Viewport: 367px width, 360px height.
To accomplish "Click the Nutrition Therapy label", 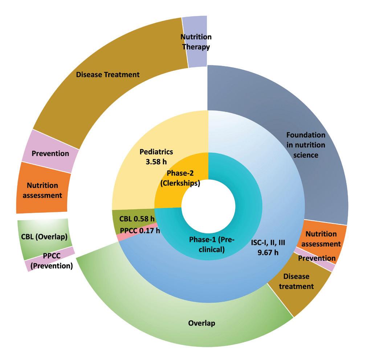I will (x=196, y=42).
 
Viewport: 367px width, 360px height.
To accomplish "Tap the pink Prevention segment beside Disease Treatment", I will (x=50, y=153).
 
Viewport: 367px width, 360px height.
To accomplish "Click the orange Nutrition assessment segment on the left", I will (x=42, y=190).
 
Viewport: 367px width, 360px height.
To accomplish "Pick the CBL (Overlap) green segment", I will (x=44, y=237).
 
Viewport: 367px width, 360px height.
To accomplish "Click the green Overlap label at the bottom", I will (x=201, y=323).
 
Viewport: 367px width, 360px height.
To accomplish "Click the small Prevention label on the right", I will (x=317, y=258).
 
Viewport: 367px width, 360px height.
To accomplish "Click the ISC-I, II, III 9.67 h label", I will (x=268, y=248).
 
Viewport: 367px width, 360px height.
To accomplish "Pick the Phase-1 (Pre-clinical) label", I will (x=212, y=244).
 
